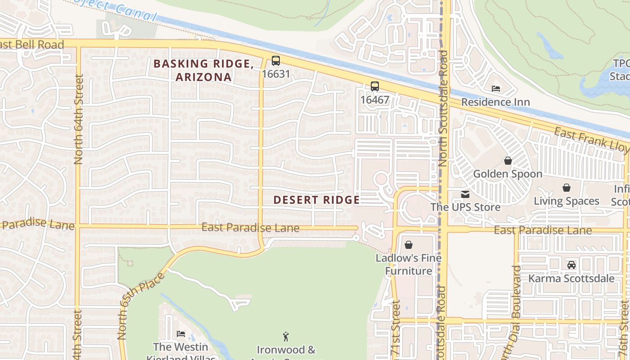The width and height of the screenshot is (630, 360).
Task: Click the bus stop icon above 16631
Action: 276,61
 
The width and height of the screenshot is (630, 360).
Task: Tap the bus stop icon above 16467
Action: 375,86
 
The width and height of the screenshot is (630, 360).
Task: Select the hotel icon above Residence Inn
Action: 496,89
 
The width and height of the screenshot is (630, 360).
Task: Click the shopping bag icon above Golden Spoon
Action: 508,161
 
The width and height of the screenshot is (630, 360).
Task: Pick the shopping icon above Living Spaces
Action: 567,188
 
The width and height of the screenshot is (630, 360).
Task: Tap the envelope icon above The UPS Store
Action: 465,194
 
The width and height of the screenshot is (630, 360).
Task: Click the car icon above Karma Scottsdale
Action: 571,265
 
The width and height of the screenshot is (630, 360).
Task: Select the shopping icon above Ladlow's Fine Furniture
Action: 409,245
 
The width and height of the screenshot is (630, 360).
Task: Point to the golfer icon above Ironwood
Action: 286,336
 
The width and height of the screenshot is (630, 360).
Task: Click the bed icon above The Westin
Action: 181,334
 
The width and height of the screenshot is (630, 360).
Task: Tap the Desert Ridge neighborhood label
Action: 316,200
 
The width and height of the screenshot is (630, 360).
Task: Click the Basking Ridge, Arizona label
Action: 203,70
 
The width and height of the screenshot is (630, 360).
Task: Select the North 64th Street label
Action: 79,119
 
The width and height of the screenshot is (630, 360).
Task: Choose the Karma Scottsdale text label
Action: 571,278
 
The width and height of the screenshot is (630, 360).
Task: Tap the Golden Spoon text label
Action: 508,174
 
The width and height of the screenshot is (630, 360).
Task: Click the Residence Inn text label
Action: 495,102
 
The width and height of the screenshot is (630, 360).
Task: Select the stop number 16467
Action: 375,99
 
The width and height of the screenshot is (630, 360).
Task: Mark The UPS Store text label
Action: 465,207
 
